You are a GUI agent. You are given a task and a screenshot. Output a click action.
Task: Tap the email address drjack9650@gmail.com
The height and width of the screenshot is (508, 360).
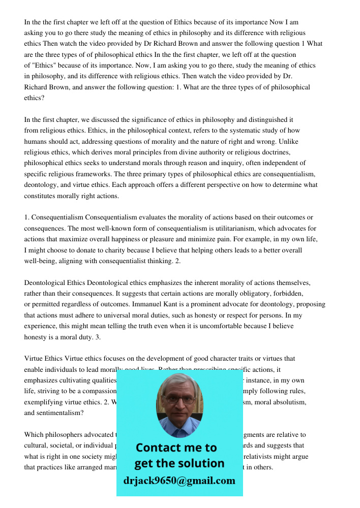pos(179,481)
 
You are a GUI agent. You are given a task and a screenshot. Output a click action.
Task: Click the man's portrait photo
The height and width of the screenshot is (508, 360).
pos(179,404)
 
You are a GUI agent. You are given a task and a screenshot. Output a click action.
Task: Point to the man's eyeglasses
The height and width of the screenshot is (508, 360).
pos(179,399)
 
